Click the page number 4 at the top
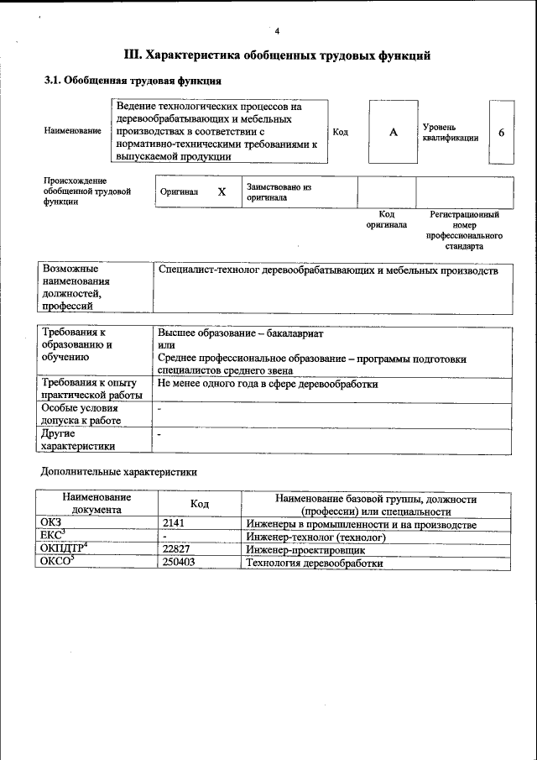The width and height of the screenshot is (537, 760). [276, 31]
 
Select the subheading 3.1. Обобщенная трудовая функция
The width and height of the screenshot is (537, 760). [133, 81]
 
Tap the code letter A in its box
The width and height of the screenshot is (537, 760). [392, 133]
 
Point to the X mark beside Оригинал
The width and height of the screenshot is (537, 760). [222, 191]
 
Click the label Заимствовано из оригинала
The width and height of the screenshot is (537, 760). [279, 192]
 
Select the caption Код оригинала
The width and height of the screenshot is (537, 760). [386, 220]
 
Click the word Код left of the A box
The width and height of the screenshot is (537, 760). [341, 133]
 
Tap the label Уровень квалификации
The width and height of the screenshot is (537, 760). [451, 132]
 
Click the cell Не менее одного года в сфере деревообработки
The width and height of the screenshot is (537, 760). [268, 384]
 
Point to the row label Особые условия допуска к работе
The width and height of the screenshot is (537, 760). [82, 414]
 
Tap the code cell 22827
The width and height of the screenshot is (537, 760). [179, 549]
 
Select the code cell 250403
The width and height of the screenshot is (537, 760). [180, 563]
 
